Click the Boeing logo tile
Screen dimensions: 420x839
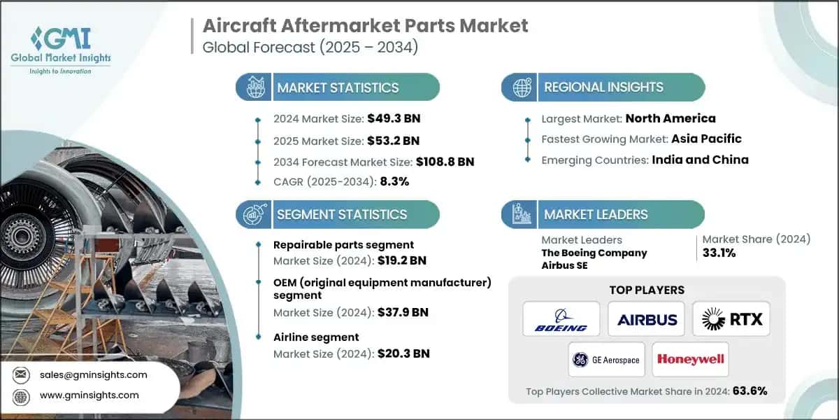[x=561, y=319]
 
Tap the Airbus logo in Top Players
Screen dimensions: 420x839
[x=647, y=319]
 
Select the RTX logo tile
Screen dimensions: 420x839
[x=731, y=319]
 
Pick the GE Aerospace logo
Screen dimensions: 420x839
[x=605, y=360]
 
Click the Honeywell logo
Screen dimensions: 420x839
[x=690, y=360]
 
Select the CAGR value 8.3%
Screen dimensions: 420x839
[x=394, y=181]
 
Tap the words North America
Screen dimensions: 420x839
[x=671, y=118]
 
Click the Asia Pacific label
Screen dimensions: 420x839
[x=706, y=139]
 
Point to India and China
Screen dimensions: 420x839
[x=700, y=160]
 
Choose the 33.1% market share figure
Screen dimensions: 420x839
[x=719, y=253]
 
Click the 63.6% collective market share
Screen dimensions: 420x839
[x=750, y=391]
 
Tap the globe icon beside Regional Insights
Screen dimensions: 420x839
[x=521, y=87]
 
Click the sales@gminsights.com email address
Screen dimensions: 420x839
[x=94, y=374]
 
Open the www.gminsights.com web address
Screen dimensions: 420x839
[x=89, y=395]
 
